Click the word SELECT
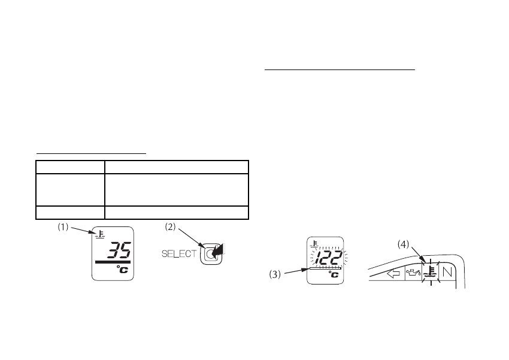[178, 254]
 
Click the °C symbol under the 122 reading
[335, 275]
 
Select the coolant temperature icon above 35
[97, 234]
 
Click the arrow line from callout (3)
[295, 271]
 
